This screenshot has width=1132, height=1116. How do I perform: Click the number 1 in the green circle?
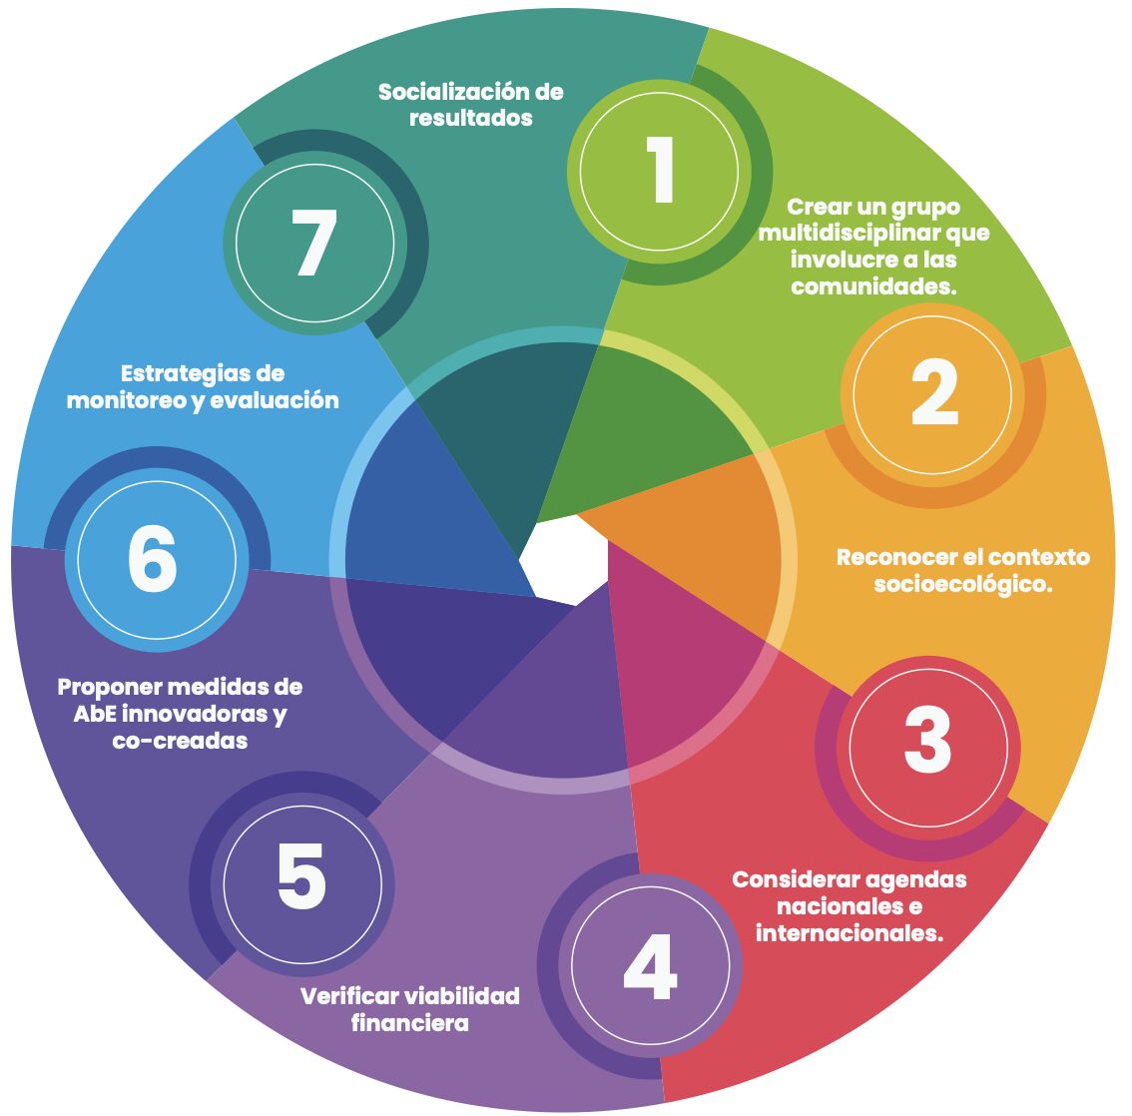pos(660,171)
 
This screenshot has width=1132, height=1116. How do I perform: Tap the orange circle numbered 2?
pos(933,394)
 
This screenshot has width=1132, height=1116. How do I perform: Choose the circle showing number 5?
pos(301,878)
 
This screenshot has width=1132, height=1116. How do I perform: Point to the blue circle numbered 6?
pos(154,560)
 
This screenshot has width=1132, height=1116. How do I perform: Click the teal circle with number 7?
pos(314,244)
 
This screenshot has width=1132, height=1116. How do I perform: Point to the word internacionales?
pos(849,934)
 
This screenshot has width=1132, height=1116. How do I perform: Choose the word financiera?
pos(409,1024)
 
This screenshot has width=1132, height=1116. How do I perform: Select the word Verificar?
pos(348,996)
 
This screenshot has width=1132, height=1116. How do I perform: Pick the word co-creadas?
pos(180,742)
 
